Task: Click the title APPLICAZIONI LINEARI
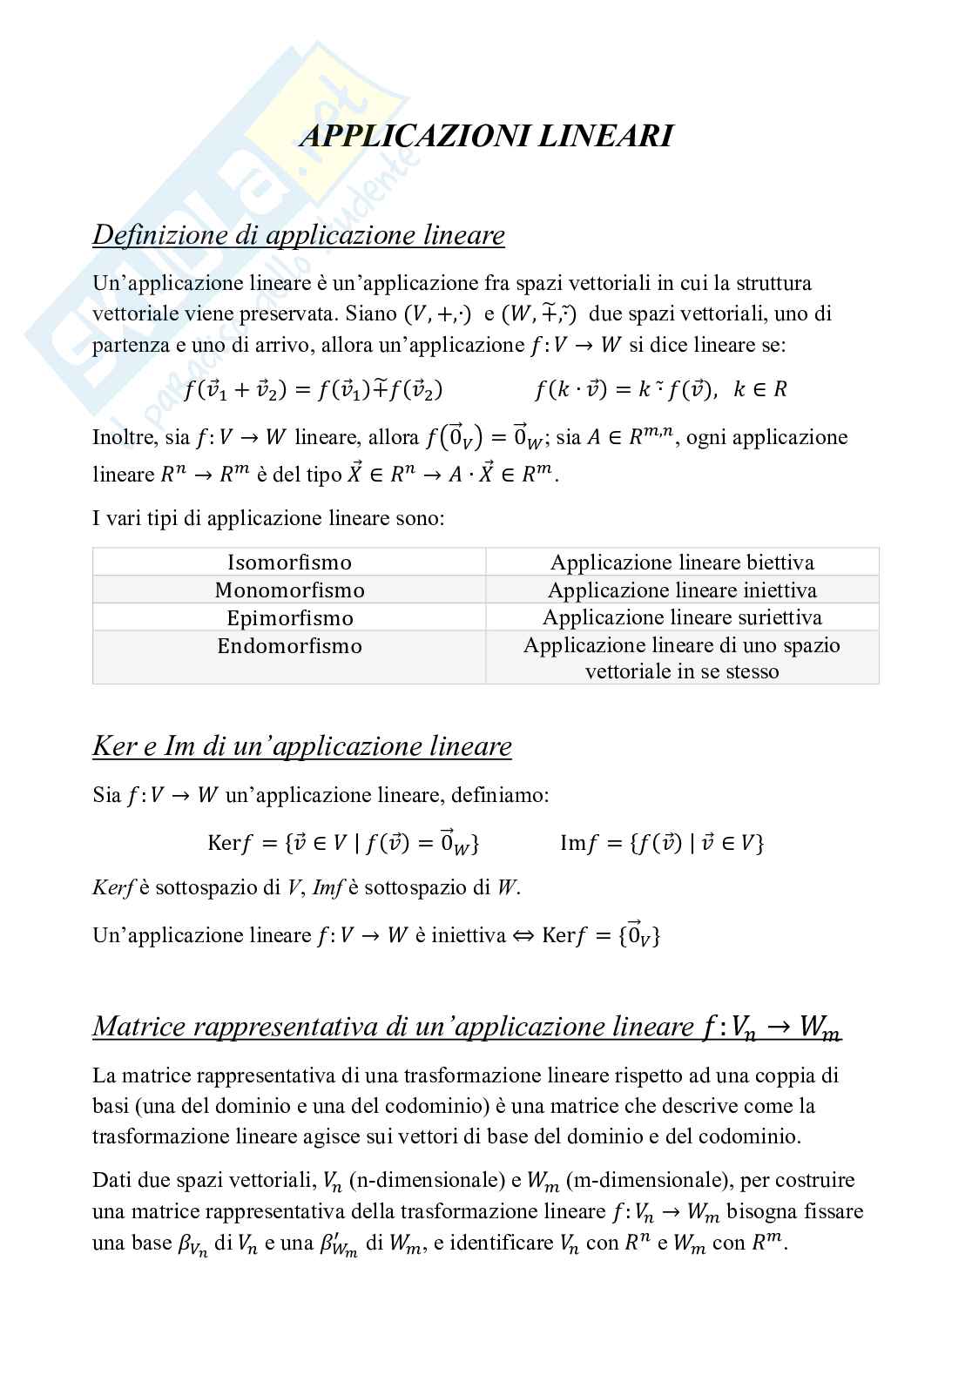click(x=486, y=137)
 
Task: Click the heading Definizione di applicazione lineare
click(x=299, y=235)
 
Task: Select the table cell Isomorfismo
click(x=289, y=562)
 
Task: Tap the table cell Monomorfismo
click(x=289, y=590)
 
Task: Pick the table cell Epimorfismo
click(x=289, y=617)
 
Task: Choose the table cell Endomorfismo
click(x=289, y=645)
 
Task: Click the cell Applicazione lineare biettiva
click(x=682, y=562)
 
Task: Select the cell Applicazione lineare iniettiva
click(x=682, y=590)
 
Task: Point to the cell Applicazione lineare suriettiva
click(x=682, y=617)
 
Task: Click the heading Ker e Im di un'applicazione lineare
click(x=302, y=746)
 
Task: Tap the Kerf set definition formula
click(x=343, y=842)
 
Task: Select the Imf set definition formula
click(x=662, y=842)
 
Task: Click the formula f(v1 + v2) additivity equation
click(x=314, y=389)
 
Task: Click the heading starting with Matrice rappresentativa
click(x=467, y=1027)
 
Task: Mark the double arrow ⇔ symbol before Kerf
click(x=523, y=935)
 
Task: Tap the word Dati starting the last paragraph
click(x=111, y=1181)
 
